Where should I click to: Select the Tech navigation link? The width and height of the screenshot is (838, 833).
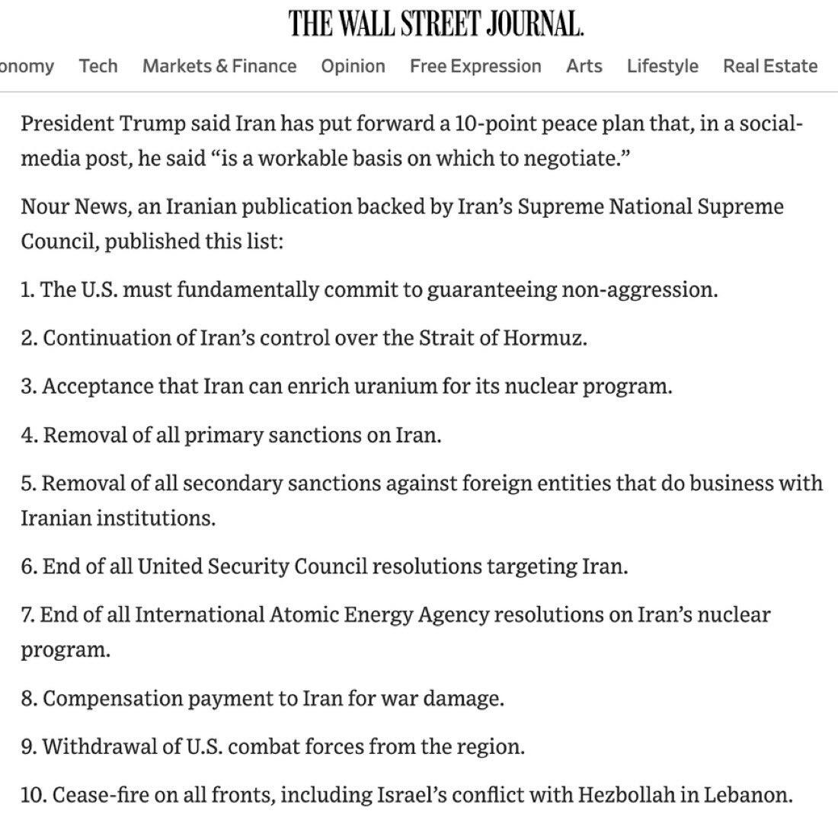click(x=98, y=66)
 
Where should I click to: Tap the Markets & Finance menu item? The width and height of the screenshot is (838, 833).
click(x=219, y=66)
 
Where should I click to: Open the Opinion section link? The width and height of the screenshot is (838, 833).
click(x=353, y=66)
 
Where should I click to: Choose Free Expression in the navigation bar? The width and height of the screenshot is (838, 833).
click(x=475, y=66)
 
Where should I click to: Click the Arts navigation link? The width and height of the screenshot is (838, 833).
click(x=584, y=66)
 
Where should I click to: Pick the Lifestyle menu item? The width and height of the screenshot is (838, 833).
click(x=662, y=66)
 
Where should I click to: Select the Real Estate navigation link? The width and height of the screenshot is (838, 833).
click(x=770, y=66)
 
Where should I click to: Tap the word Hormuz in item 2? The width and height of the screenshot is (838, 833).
click(x=543, y=338)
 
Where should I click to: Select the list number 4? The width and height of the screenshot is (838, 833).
click(x=28, y=436)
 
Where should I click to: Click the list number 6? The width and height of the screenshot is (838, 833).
click(x=28, y=567)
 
